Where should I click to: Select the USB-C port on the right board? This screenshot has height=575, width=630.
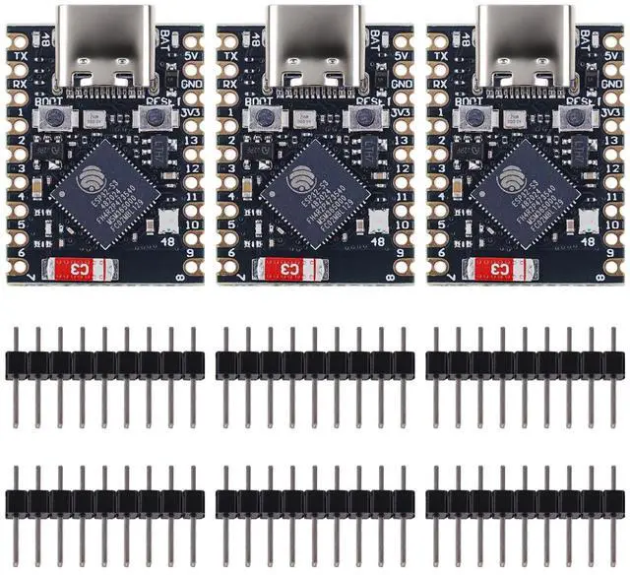pyautogui.click(x=523, y=43)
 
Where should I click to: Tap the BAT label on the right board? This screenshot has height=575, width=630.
pyautogui.click(x=587, y=36)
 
